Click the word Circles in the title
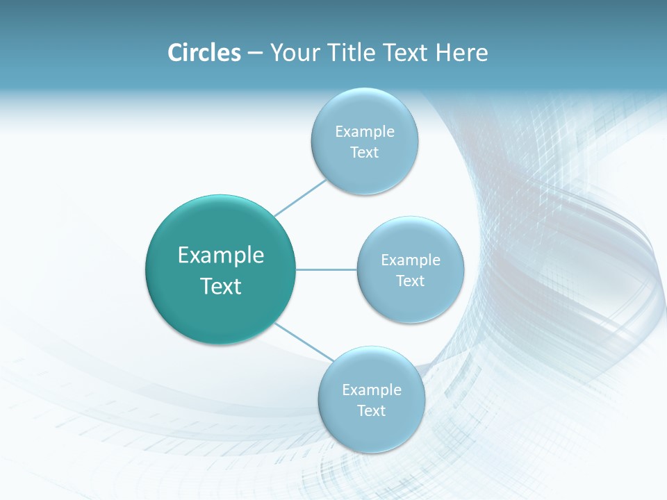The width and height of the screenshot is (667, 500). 204,53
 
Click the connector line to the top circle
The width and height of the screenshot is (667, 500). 301,197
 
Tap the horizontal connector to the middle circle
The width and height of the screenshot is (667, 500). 327,269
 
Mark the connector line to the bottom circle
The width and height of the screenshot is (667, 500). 304,342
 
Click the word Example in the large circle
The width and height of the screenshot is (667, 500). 221,256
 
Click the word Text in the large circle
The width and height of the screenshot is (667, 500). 221,286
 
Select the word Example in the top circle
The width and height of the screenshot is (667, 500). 364,132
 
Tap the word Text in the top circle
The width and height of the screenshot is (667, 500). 364,153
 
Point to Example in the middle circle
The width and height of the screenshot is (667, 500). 410,260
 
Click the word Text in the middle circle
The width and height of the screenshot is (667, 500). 410,281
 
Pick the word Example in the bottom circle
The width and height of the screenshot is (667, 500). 371,390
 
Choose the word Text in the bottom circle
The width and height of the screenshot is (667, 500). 371,411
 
